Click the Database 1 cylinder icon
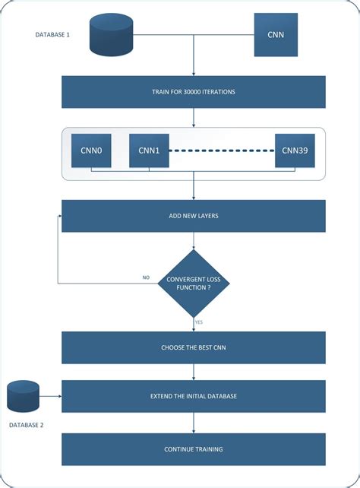click(112, 35)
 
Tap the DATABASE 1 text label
click(52, 35)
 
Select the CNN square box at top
click(276, 35)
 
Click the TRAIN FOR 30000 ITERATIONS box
click(193, 92)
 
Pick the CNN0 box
click(91, 151)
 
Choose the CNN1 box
click(149, 151)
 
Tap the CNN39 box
click(295, 151)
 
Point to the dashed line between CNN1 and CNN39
click(221, 151)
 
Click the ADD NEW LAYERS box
click(193, 216)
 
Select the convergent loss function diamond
click(194, 283)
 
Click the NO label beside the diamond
click(146, 277)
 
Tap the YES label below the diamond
click(199, 322)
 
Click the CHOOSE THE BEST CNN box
click(193, 347)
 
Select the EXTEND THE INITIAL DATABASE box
click(193, 397)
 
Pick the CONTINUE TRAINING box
click(193, 449)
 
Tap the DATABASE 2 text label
click(26, 425)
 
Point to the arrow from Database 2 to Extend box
click(50, 397)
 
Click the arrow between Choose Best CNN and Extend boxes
click(194, 372)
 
